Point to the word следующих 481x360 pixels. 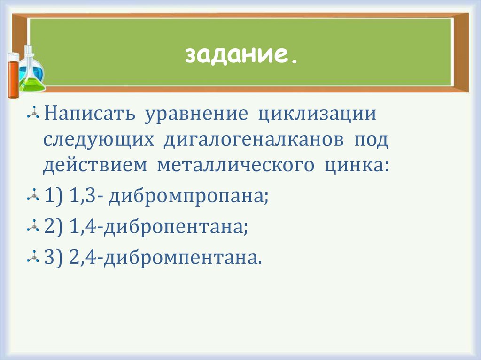99,141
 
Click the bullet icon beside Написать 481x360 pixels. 33,115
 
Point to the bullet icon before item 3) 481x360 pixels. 33,258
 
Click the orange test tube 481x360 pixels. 13,75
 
